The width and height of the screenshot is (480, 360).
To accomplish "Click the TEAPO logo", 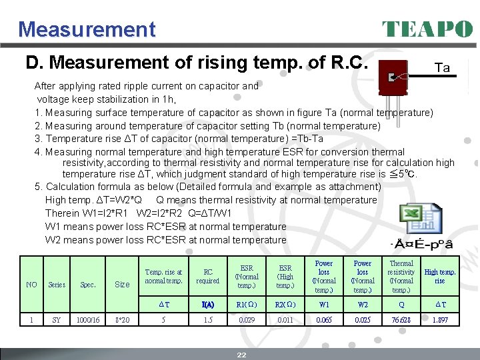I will (x=427, y=29).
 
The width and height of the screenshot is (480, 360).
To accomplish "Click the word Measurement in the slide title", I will (x=87, y=29).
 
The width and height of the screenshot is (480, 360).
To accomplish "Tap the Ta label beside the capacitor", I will (x=442, y=68).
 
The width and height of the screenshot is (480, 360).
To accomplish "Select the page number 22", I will (x=241, y=355).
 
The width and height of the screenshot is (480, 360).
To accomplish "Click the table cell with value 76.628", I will (x=401, y=320).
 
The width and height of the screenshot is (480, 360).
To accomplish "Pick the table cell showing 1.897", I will (x=440, y=320).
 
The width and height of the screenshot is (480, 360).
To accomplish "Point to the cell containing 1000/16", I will (x=88, y=320).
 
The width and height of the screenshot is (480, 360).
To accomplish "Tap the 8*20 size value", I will (x=122, y=320).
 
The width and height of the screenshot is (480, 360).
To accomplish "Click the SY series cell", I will (x=56, y=320).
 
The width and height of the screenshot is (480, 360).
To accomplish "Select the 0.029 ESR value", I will (x=247, y=320).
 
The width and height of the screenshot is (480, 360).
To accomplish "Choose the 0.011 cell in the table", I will (x=285, y=320).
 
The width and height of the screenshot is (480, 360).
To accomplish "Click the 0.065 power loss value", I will (x=324, y=320).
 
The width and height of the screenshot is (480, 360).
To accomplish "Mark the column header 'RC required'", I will (x=208, y=277).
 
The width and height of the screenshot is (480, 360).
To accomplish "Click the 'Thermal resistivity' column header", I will (x=401, y=277).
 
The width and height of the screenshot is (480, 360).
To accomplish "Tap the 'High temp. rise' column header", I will (x=440, y=277).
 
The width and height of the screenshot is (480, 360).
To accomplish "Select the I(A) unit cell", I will (x=208, y=304).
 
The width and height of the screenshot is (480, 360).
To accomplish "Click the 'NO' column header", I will (x=31, y=285).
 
